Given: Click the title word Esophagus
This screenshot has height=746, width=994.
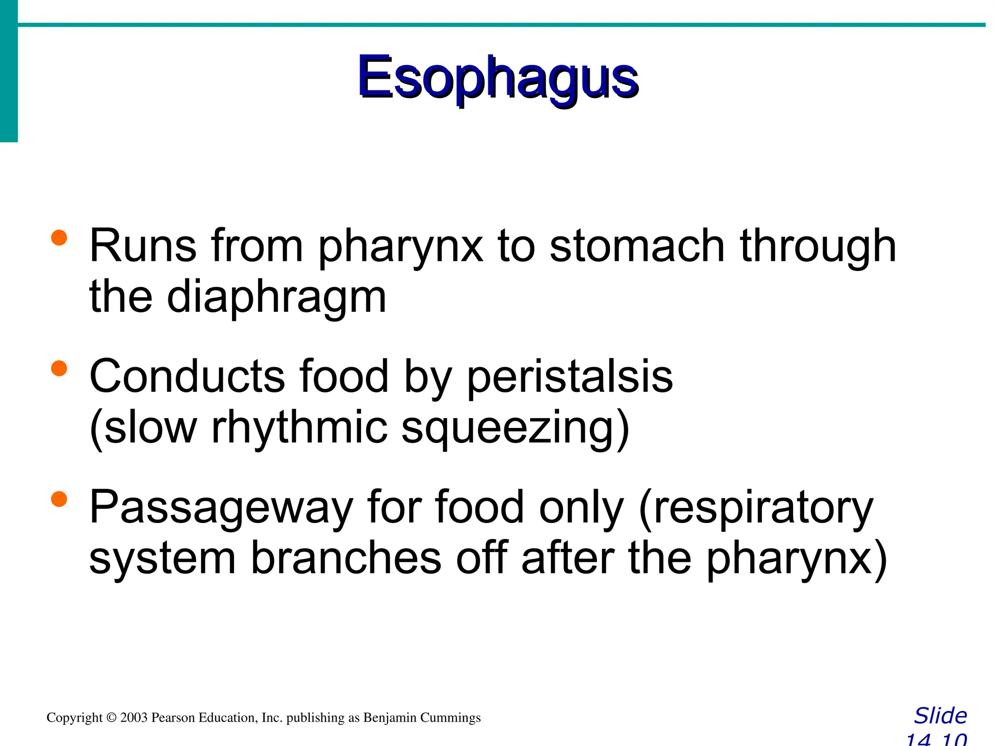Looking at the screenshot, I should click(498, 78).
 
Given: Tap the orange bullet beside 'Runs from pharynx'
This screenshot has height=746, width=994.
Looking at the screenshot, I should click(59, 238).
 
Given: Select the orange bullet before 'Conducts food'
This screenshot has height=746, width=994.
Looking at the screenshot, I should click(59, 368).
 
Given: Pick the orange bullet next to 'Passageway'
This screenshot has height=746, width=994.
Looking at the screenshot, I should click(59, 499).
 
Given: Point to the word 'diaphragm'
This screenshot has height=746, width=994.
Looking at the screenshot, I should click(277, 297).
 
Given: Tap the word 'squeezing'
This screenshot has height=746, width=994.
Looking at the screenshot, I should click(515, 428).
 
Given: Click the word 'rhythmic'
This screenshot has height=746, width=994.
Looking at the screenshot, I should click(300, 427).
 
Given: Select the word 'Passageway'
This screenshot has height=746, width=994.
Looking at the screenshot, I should click(221, 508).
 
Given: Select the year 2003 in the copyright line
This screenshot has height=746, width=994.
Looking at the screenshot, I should click(133, 718).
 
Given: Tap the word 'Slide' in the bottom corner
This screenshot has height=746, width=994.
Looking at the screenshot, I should click(940, 716).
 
